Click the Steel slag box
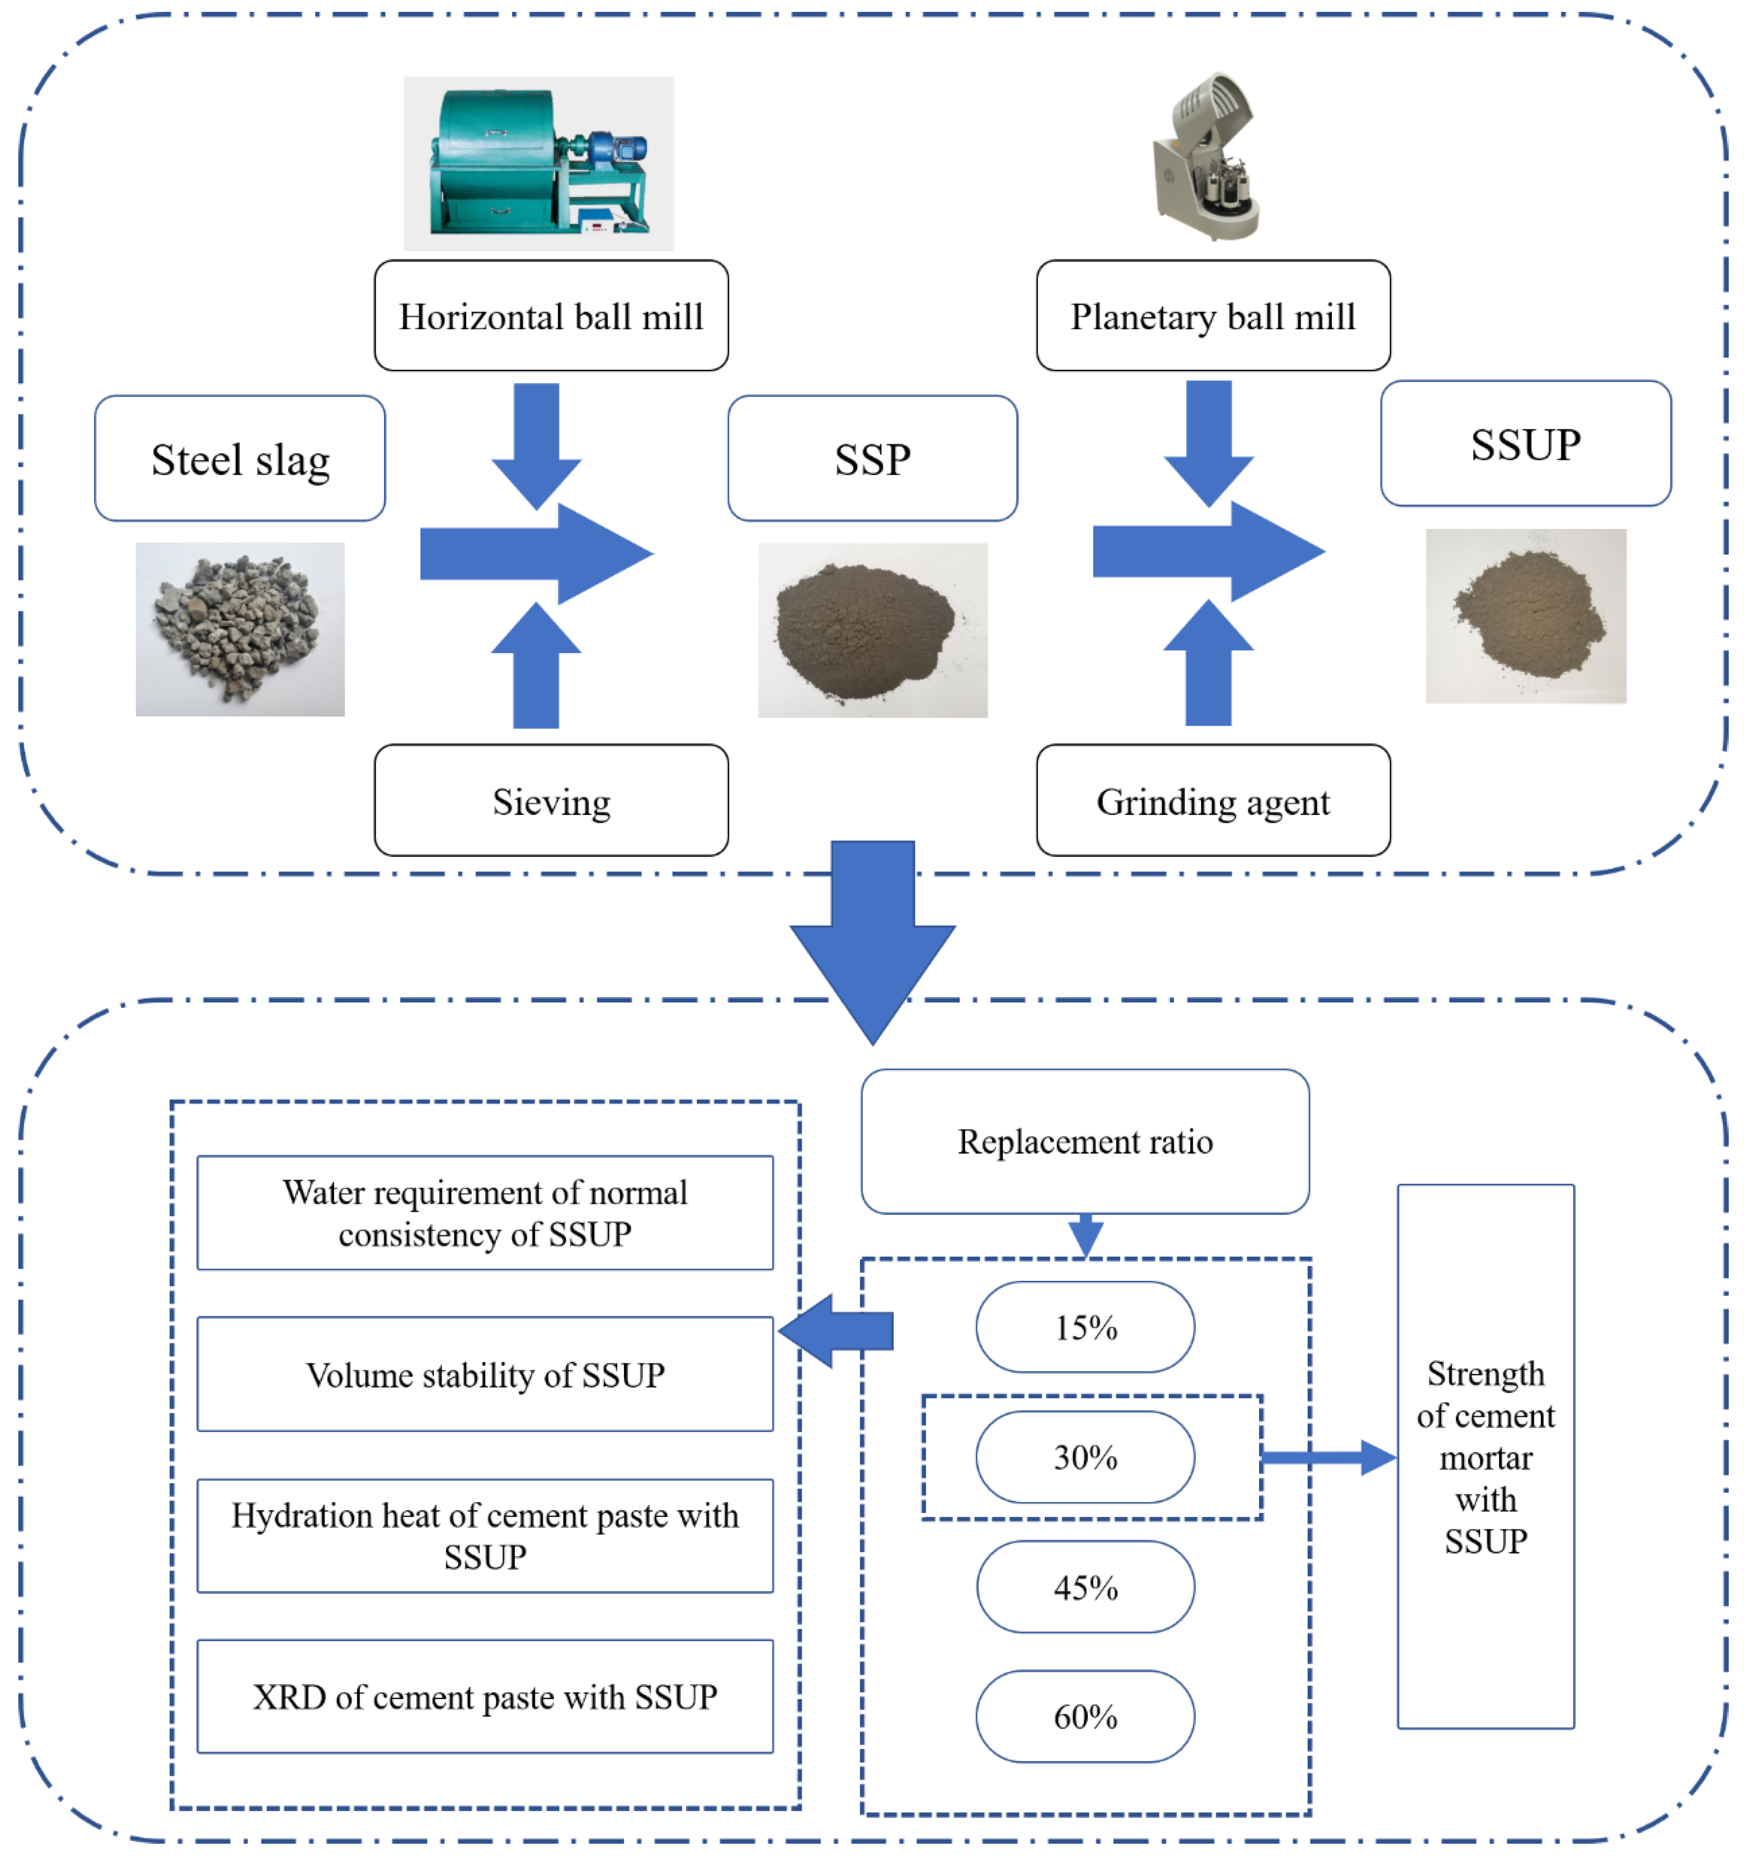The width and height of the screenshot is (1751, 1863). (240, 458)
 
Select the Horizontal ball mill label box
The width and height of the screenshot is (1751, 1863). (551, 316)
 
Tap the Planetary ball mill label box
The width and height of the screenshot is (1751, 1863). (1213, 316)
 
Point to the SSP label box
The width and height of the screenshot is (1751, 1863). (872, 458)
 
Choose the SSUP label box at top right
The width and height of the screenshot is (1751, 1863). (1525, 443)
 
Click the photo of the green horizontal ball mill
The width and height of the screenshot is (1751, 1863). (538, 163)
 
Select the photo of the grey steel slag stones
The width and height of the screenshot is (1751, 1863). (240, 629)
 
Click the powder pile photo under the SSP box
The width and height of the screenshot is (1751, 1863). (872, 630)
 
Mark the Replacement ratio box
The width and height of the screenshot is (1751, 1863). (1085, 1142)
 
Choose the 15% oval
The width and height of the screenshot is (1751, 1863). (1085, 1327)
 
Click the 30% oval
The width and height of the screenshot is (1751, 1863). (1085, 1457)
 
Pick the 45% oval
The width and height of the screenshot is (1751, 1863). (1085, 1587)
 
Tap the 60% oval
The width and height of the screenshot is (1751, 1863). (1085, 1717)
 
